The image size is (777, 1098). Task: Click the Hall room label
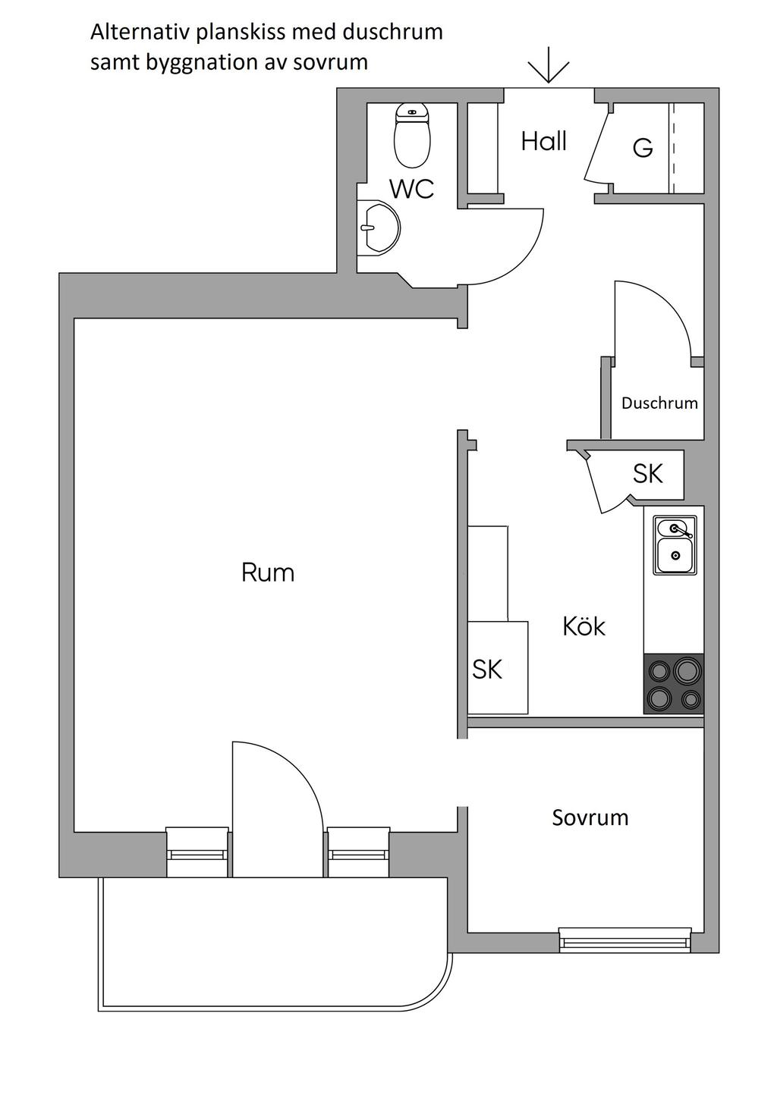544,141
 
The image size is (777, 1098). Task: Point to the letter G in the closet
643,148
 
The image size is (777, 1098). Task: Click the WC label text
412,189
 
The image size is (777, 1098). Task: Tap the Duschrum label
659,403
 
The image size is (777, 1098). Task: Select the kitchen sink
675,547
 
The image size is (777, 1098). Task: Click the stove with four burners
674,683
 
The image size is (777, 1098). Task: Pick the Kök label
584,626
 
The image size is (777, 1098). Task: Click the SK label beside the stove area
487,669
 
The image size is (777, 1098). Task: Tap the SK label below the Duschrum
648,473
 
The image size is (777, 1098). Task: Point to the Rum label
268,572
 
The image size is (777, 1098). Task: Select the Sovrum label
590,817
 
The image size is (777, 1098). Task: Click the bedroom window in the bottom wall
625,940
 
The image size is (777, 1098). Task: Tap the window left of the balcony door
197,853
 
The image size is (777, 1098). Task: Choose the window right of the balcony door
359,853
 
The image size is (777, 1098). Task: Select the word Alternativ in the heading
138,33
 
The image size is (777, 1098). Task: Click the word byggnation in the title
187,62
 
